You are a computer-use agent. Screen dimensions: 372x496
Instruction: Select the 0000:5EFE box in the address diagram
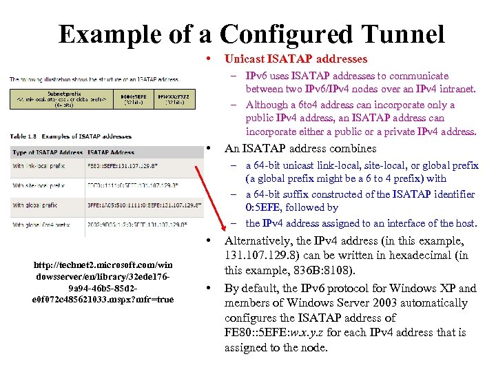pyautogui.click(x=135, y=99)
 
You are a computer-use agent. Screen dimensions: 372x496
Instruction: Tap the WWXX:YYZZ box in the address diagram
pyautogui.click(x=175, y=99)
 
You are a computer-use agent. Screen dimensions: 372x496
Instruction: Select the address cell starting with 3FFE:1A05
pyautogui.click(x=145, y=205)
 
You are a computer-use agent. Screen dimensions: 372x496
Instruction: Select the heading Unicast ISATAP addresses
pyautogui.click(x=296, y=59)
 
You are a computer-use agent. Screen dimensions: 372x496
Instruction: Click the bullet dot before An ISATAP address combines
pyautogui.click(x=208, y=148)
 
